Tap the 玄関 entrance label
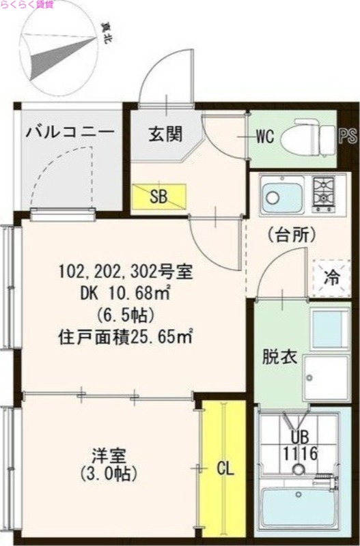coord(166,134)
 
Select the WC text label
coord(265,136)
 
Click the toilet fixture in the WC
coord(308,136)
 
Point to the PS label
coord(348,136)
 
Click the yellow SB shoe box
coord(158,197)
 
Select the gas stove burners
coord(324,192)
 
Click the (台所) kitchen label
coord(291,236)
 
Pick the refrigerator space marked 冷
coord(331,278)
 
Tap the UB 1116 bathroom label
coord(296,444)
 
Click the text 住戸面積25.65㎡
coord(124,336)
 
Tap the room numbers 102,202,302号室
coord(126,273)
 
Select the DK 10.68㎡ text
coord(125,293)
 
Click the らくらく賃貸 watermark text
coord(29,5)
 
